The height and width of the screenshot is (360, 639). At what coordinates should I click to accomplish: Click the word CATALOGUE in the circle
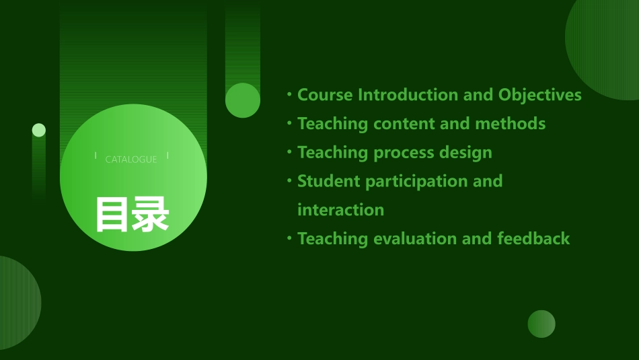(131, 159)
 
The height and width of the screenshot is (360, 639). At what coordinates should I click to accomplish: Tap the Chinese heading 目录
(132, 214)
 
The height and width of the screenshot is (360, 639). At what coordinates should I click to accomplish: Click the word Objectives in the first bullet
(539, 95)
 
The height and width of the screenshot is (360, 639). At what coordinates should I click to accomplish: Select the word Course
(325, 95)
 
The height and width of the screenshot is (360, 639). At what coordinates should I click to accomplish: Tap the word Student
(329, 181)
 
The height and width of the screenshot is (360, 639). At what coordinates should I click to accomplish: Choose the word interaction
(340, 210)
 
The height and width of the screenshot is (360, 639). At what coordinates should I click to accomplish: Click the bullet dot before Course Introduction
(289, 94)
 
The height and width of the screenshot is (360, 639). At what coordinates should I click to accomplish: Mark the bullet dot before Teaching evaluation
(289, 238)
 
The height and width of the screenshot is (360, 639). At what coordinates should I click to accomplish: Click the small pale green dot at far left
(39, 130)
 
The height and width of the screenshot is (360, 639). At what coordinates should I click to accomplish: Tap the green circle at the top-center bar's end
(243, 100)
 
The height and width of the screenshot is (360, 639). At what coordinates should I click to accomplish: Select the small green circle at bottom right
(541, 324)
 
